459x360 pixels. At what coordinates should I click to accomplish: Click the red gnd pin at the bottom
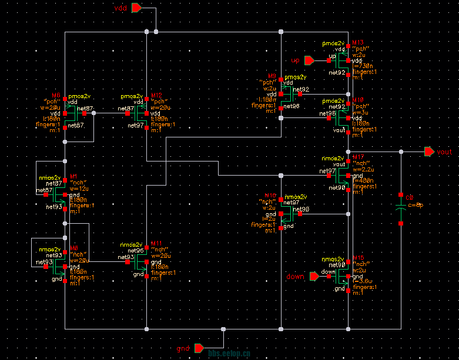click(200, 348)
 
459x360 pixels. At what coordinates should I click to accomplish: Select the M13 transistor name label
click(357, 43)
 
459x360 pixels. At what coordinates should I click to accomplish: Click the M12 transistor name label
click(156, 95)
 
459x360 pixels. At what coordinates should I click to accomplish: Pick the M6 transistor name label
click(56, 95)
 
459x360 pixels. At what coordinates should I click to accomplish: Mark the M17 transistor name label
click(357, 157)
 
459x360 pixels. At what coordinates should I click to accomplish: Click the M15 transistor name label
click(357, 258)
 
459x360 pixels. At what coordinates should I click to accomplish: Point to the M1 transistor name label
click(73, 176)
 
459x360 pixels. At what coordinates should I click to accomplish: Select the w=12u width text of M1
click(79, 189)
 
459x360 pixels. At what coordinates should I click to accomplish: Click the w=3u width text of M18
click(360, 112)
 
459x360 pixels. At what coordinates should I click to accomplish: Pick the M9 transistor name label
click(272, 77)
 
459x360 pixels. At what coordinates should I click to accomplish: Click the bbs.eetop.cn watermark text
click(230, 354)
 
